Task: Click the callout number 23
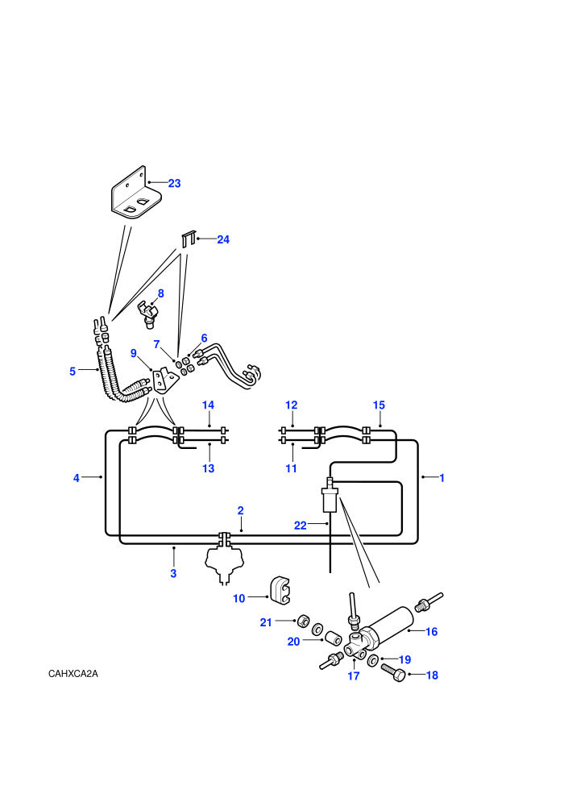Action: tap(175, 183)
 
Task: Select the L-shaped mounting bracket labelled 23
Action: tap(136, 193)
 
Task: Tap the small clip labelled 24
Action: tap(189, 239)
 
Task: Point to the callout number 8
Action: tap(160, 293)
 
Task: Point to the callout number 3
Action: tap(173, 574)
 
